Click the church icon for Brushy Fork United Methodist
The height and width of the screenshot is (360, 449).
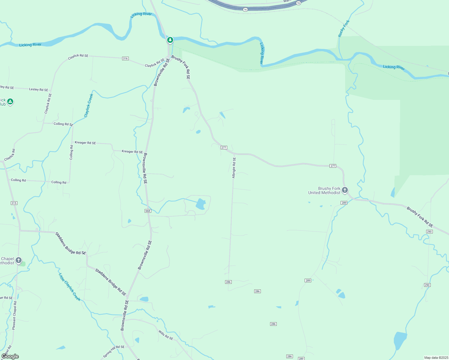click(345, 190)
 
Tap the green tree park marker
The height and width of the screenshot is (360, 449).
click(170, 40)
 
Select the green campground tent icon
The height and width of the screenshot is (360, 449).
click(10, 102)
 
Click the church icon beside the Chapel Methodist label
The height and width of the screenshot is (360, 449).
click(19, 260)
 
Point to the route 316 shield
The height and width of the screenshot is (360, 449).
click(125, 58)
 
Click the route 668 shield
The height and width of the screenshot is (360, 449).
click(148, 211)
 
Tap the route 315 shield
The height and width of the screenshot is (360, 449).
click(14, 203)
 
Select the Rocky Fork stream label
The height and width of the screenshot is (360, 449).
click(344, 29)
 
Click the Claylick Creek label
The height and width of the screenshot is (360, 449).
click(89, 106)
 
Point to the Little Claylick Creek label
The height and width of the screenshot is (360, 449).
click(70, 287)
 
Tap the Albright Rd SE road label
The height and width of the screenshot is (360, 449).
click(234, 168)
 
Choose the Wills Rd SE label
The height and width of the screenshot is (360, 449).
click(166, 335)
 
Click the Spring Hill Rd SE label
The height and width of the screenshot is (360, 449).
click(113, 351)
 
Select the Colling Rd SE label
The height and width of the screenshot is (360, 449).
click(63, 124)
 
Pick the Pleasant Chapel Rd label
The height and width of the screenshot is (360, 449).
click(14, 315)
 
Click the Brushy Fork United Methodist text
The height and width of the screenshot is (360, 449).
click(324, 190)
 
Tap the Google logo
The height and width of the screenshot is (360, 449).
click(10, 356)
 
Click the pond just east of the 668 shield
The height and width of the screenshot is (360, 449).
click(200, 204)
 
